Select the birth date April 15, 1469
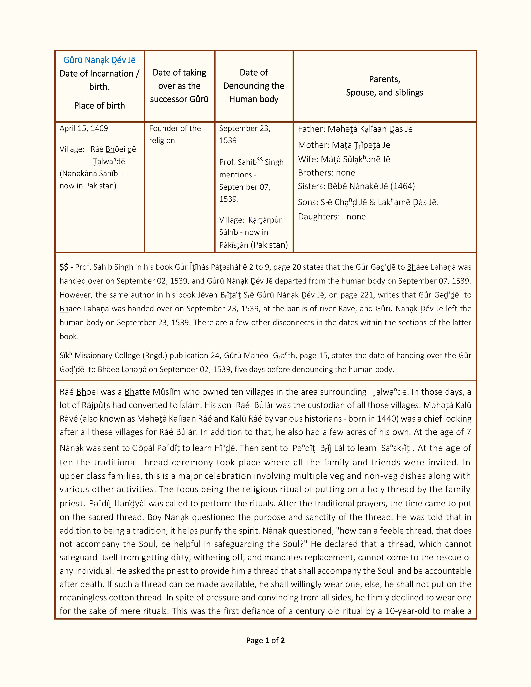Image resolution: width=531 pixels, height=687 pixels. point(84,128)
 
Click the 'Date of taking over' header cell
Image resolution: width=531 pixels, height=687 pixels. point(179,86)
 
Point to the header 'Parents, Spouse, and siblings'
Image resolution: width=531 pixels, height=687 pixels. point(384,86)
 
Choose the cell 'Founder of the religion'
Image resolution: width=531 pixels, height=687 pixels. point(175,134)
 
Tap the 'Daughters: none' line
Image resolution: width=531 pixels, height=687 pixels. point(332,217)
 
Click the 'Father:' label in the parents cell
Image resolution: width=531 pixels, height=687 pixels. point(312,129)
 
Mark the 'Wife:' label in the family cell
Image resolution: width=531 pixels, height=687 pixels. point(308,159)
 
